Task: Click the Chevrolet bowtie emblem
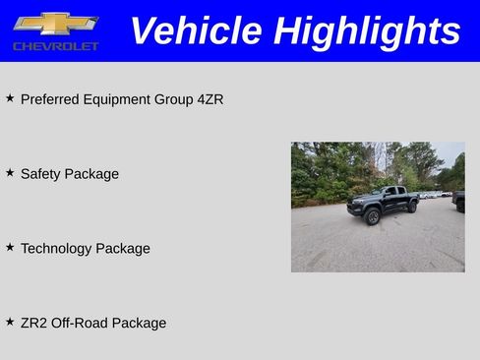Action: pos(55,24)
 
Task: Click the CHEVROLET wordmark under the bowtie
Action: pos(56,46)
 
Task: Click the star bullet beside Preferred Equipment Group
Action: pos(10,98)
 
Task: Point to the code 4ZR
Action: pos(210,99)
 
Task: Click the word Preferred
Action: pos(51,99)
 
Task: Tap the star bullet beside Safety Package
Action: pos(10,173)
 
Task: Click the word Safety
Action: pos(40,174)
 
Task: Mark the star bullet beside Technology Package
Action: pos(10,248)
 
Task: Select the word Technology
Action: pos(56,249)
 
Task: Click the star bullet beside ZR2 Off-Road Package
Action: pos(10,322)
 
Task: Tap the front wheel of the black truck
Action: pos(373,217)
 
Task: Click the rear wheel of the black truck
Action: pos(412,207)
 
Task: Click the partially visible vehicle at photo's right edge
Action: pos(459,201)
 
